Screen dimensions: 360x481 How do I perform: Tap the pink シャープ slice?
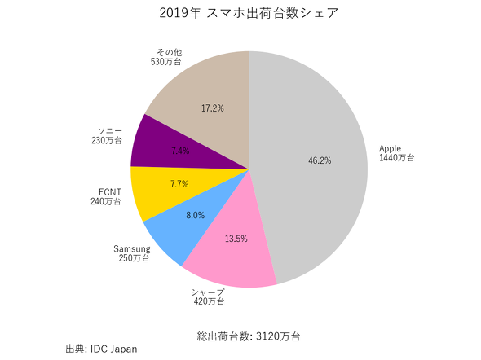(x=232, y=252)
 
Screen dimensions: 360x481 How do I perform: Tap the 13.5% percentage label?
(x=235, y=239)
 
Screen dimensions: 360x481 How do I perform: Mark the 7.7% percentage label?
(x=179, y=185)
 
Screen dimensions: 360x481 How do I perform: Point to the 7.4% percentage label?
(x=181, y=151)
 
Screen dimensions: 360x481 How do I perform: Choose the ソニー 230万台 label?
(x=107, y=135)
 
